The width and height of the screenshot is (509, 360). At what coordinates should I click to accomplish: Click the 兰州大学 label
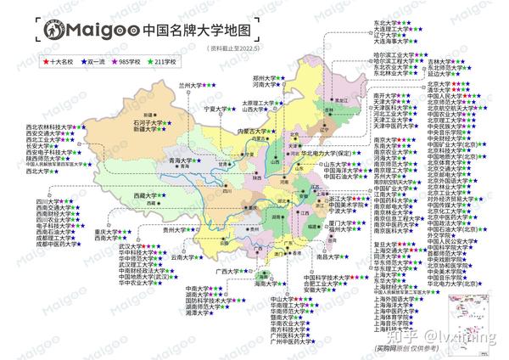pyautogui.click(x=193, y=86)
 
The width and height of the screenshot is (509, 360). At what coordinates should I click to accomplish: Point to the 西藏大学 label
pyautogui.click(x=145, y=195)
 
